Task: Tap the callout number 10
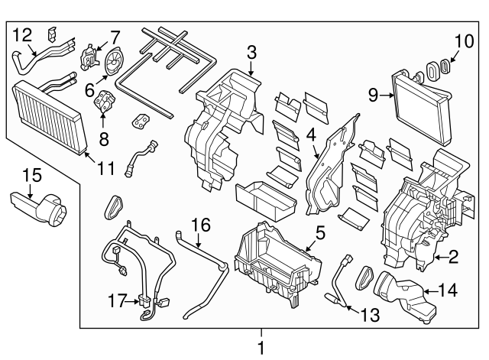pyautogui.click(x=464, y=41)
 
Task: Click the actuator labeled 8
pyautogui.click(x=104, y=102)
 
